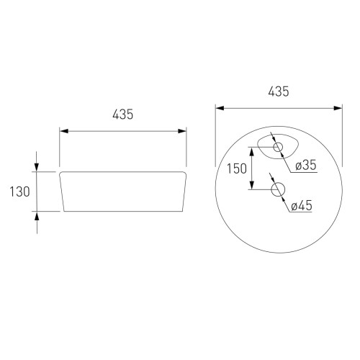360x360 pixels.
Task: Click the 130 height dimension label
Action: [x=19, y=192]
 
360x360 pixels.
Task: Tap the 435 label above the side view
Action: [x=122, y=114]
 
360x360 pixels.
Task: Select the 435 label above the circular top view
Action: [x=279, y=91]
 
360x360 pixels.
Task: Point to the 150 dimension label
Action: [x=237, y=168]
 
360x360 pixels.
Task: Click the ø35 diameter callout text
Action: [x=306, y=165]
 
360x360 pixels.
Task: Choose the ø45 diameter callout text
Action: [x=302, y=206]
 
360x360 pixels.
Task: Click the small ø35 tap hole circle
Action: [x=278, y=147]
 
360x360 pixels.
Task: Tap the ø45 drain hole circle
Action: [x=278, y=189]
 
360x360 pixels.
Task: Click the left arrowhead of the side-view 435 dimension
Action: [x=64, y=131]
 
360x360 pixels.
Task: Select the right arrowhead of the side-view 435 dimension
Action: [x=182, y=131]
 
